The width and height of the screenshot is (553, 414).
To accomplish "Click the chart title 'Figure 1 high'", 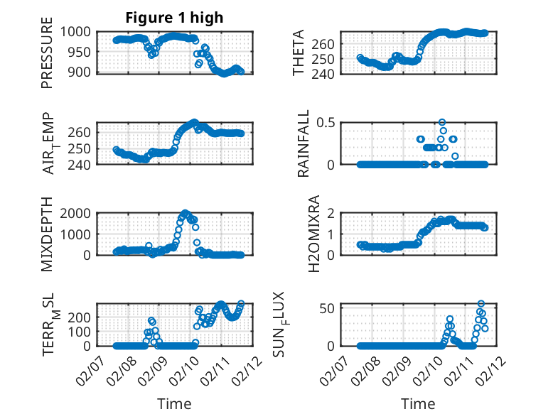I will [175, 18].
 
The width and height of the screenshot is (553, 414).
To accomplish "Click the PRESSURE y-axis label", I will [48, 58].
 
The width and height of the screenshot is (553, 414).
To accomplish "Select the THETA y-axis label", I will [299, 53].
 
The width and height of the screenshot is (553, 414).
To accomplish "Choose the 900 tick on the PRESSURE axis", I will [81, 72].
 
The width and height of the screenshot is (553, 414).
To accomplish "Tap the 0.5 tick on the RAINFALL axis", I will [326, 122].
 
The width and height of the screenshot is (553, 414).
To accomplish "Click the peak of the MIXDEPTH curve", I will [186, 213].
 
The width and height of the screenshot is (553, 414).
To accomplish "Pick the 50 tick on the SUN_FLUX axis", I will [329, 307].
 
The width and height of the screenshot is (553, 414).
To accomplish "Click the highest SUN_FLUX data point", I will [481, 304].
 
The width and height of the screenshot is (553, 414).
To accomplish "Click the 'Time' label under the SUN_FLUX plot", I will [419, 403].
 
